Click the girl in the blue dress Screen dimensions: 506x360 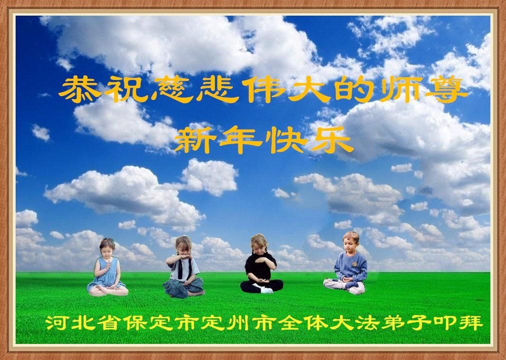click(107, 268)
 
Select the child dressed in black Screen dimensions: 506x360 click(261, 265)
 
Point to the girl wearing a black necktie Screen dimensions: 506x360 click(183, 267)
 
